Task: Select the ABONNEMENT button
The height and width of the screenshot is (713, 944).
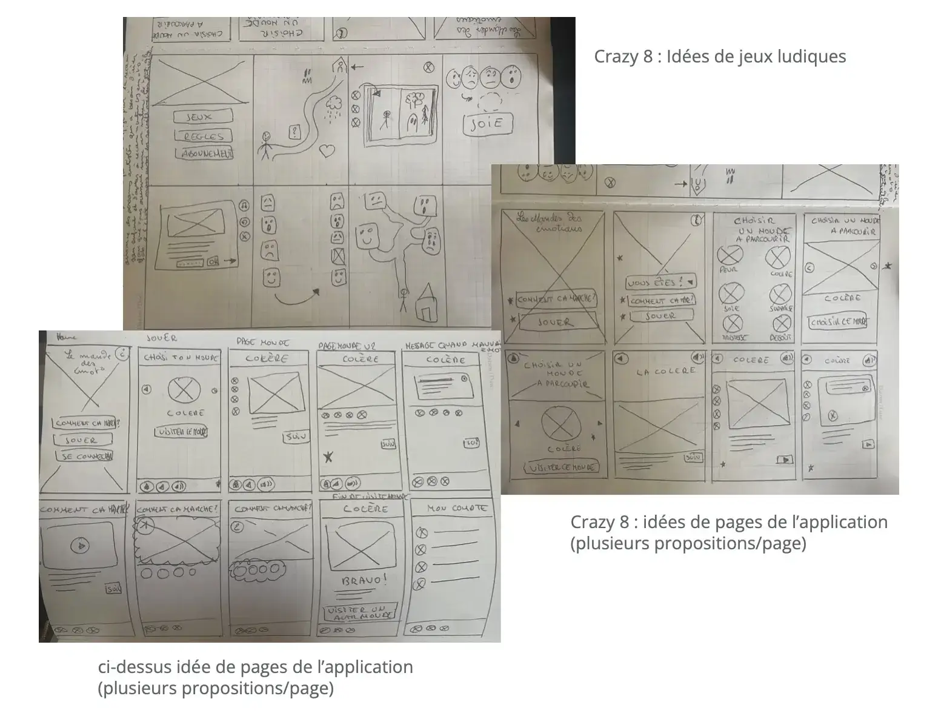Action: [205, 154]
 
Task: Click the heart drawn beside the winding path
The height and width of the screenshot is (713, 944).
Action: [327, 150]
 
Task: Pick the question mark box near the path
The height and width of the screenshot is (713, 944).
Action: [295, 132]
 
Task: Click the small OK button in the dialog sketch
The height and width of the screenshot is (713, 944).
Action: [212, 262]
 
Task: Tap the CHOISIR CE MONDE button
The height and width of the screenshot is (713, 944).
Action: [839, 322]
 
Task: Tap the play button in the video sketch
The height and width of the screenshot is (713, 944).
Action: [79, 546]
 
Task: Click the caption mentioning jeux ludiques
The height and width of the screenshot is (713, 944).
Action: [719, 56]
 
